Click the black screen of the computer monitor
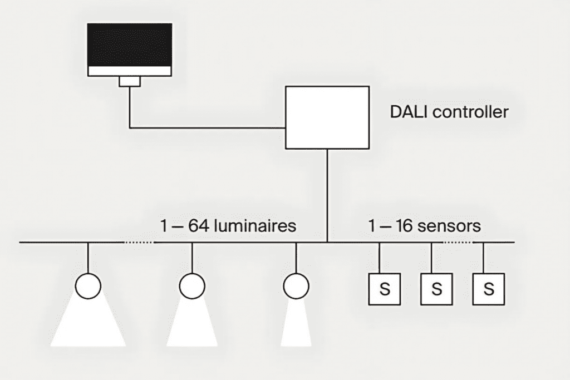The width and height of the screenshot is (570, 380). [130, 45]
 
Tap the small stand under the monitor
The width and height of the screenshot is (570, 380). [130, 81]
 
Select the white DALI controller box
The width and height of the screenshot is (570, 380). [327, 117]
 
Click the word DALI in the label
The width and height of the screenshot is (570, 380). [409, 111]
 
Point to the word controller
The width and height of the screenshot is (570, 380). [470, 111]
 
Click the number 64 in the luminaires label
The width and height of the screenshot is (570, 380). [199, 225]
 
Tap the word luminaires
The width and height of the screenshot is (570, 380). [255, 225]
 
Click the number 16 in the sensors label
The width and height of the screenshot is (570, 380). [404, 225]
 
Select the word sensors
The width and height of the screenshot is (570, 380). [449, 226]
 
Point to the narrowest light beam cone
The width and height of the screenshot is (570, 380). [296, 323]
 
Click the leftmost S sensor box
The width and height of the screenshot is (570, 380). [385, 289]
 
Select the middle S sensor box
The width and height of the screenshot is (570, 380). [436, 289]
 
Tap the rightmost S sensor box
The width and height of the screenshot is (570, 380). [489, 289]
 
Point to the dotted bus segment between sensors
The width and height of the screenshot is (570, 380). [458, 242]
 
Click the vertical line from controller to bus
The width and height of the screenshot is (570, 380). [327, 195]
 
